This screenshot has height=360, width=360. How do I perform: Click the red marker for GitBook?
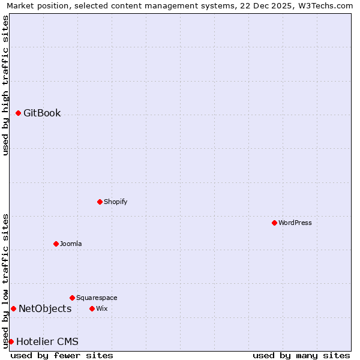(x=18, y=113)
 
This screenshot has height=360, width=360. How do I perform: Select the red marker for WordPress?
(x=274, y=223)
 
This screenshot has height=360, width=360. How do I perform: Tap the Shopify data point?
(x=100, y=202)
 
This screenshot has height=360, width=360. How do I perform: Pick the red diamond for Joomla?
(x=56, y=244)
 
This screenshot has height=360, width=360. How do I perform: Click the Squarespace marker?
(x=72, y=298)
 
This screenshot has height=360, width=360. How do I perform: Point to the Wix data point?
(x=92, y=308)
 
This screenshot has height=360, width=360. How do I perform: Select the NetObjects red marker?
(x=13, y=308)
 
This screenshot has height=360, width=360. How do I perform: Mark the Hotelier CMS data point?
(x=11, y=341)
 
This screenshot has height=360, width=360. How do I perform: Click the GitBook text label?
(x=42, y=113)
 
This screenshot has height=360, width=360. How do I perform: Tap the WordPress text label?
(x=295, y=223)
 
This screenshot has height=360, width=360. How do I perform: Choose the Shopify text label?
(x=115, y=202)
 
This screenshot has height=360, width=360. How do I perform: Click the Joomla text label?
(x=71, y=244)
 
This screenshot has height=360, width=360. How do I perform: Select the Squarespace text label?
(x=97, y=298)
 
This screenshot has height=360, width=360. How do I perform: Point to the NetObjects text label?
(x=45, y=308)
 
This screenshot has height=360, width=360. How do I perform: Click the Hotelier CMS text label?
(x=47, y=341)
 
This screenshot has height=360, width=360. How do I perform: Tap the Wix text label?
(x=101, y=308)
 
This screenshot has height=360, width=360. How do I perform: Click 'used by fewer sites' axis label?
(x=62, y=355)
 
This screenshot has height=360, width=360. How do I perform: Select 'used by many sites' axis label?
(x=301, y=355)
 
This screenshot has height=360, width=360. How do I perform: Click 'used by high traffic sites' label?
(x=5, y=85)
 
